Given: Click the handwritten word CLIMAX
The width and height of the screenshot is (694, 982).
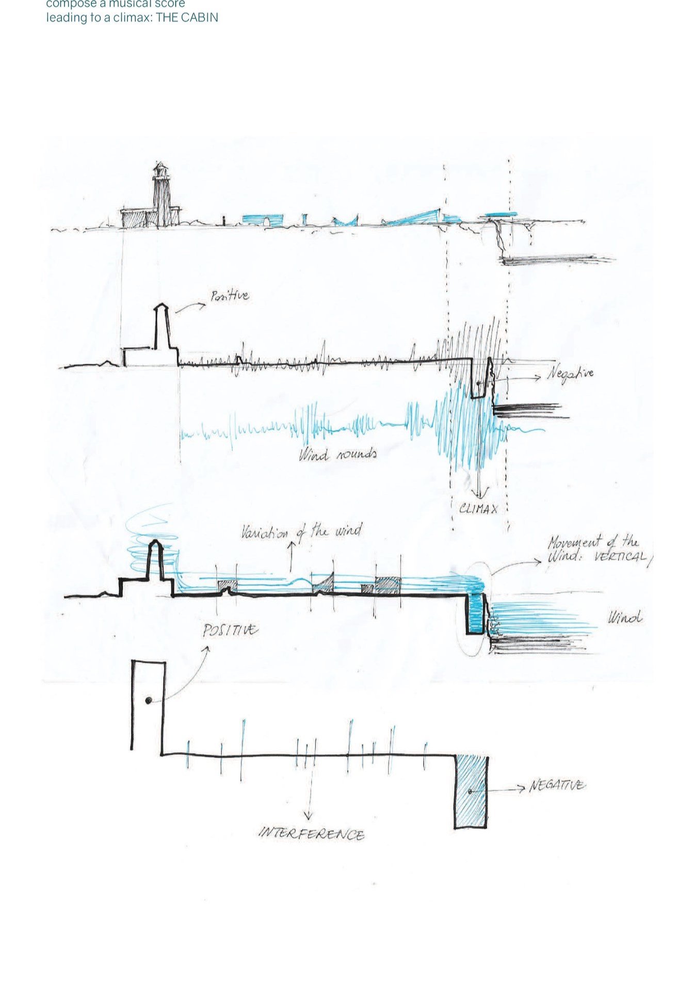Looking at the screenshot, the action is [478, 509].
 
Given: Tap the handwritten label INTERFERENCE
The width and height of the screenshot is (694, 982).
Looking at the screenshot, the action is [312, 834].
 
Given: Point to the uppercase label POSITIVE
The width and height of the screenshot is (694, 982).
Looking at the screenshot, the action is [230, 630].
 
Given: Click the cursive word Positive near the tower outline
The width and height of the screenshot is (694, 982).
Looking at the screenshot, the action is [229, 296].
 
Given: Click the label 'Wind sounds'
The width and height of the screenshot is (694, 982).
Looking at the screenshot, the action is [337, 454].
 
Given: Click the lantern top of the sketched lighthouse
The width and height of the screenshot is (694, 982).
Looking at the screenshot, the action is [161, 169].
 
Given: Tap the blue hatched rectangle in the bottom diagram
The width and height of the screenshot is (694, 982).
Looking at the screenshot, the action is [470, 792].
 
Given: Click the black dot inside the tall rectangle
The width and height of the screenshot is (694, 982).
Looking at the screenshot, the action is [149, 700].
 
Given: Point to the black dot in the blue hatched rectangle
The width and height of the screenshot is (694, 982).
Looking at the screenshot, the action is [470, 791].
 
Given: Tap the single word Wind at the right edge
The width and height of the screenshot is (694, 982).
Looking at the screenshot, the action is [625, 617].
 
